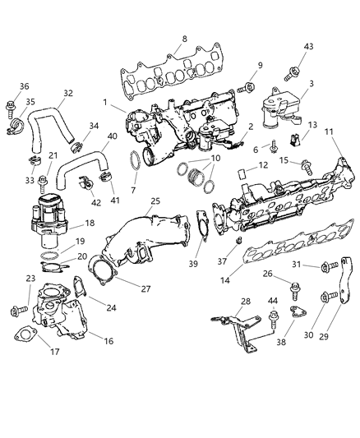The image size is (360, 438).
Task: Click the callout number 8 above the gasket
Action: coord(184,39)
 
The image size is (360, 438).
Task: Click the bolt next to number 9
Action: coord(245,87)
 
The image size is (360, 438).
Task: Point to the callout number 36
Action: coord(24,86)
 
